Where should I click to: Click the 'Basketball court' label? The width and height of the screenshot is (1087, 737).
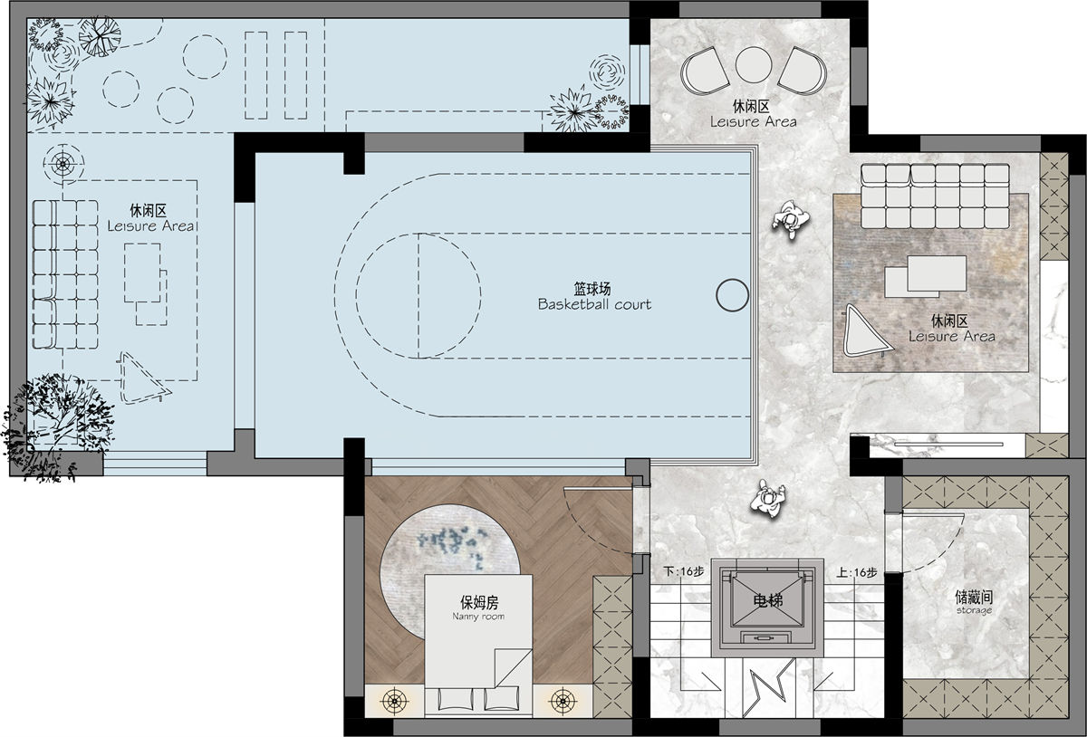[x=594, y=305]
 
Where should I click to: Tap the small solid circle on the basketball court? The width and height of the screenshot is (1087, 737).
[x=732, y=295]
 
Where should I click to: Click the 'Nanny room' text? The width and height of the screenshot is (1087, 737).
[x=478, y=617]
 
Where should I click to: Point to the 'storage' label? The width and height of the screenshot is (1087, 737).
[x=974, y=610]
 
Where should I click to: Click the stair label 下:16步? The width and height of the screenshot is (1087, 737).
[x=683, y=571]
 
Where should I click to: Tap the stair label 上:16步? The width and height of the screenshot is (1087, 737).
[x=857, y=572]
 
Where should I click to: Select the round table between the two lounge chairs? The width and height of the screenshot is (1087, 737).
[x=753, y=64]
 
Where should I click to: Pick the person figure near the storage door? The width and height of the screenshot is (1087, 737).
[x=768, y=498]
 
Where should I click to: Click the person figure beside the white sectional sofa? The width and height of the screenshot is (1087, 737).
[x=791, y=219]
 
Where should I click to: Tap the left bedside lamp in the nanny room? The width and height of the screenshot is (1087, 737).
[x=395, y=700]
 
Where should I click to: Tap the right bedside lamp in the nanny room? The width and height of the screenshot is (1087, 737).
[x=563, y=700]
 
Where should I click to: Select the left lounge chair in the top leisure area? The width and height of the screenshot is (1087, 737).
[x=704, y=72]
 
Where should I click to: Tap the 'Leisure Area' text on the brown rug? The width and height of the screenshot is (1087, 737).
[x=952, y=336]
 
